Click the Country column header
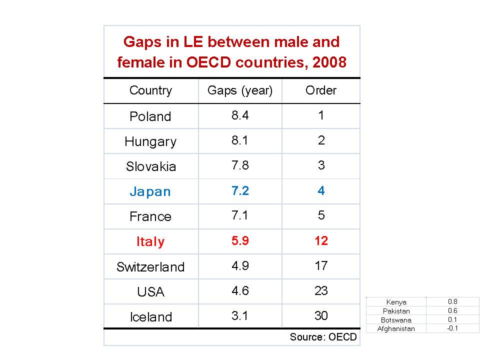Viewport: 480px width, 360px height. (150, 90)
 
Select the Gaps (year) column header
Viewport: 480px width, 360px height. (240, 90)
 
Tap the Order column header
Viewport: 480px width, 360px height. (321, 90)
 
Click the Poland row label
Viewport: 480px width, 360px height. (150, 116)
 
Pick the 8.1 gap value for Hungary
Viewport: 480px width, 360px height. (240, 140)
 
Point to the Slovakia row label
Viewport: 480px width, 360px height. (151, 166)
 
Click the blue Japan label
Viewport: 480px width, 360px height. (150, 191)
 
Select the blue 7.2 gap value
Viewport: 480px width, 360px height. (240, 190)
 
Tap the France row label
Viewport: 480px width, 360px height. (150, 216)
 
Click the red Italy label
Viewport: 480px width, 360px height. (150, 241)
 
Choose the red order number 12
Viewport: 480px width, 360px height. (321, 240)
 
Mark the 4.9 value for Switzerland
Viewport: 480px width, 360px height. (240, 265)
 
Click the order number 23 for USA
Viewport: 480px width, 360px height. (321, 290)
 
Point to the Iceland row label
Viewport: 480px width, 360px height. (151, 317)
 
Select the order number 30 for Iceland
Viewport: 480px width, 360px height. (321, 315)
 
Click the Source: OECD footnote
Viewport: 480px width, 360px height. (323, 337)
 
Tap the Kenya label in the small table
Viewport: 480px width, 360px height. (396, 302)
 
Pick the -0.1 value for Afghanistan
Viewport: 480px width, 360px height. (452, 328)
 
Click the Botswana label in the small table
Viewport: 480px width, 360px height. (396, 320)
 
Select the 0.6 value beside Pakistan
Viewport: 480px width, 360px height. (452, 310)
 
